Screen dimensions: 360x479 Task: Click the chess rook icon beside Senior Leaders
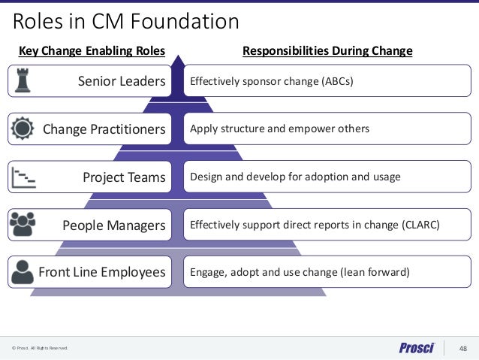coord(23,81)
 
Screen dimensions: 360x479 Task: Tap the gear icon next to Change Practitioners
coord(23,129)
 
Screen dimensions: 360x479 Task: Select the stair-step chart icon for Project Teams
coord(23,177)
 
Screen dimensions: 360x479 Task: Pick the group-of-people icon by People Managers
coord(23,224)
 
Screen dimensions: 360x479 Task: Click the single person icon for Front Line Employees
coord(23,271)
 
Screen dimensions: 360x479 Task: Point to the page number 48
coord(462,347)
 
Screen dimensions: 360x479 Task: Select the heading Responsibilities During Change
coord(327,52)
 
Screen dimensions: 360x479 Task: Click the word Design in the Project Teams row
coord(206,177)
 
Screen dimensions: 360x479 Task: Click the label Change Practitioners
coord(104,129)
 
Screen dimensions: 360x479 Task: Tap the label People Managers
coord(113,225)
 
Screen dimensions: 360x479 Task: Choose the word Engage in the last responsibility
coord(208,272)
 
